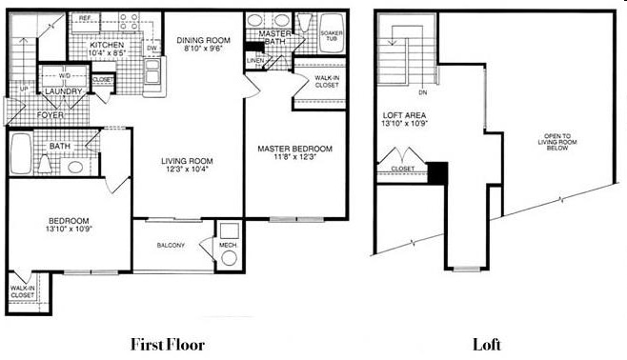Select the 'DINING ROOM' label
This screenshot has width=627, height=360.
point(200,40)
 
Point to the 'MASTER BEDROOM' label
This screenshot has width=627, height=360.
point(294,149)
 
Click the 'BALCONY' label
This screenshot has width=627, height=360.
point(171,245)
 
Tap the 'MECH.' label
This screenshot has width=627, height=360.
point(229,245)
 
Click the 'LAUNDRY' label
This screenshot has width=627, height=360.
point(62,91)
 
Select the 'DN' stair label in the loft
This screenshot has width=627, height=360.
point(421,93)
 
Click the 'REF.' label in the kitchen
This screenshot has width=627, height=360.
point(85,18)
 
